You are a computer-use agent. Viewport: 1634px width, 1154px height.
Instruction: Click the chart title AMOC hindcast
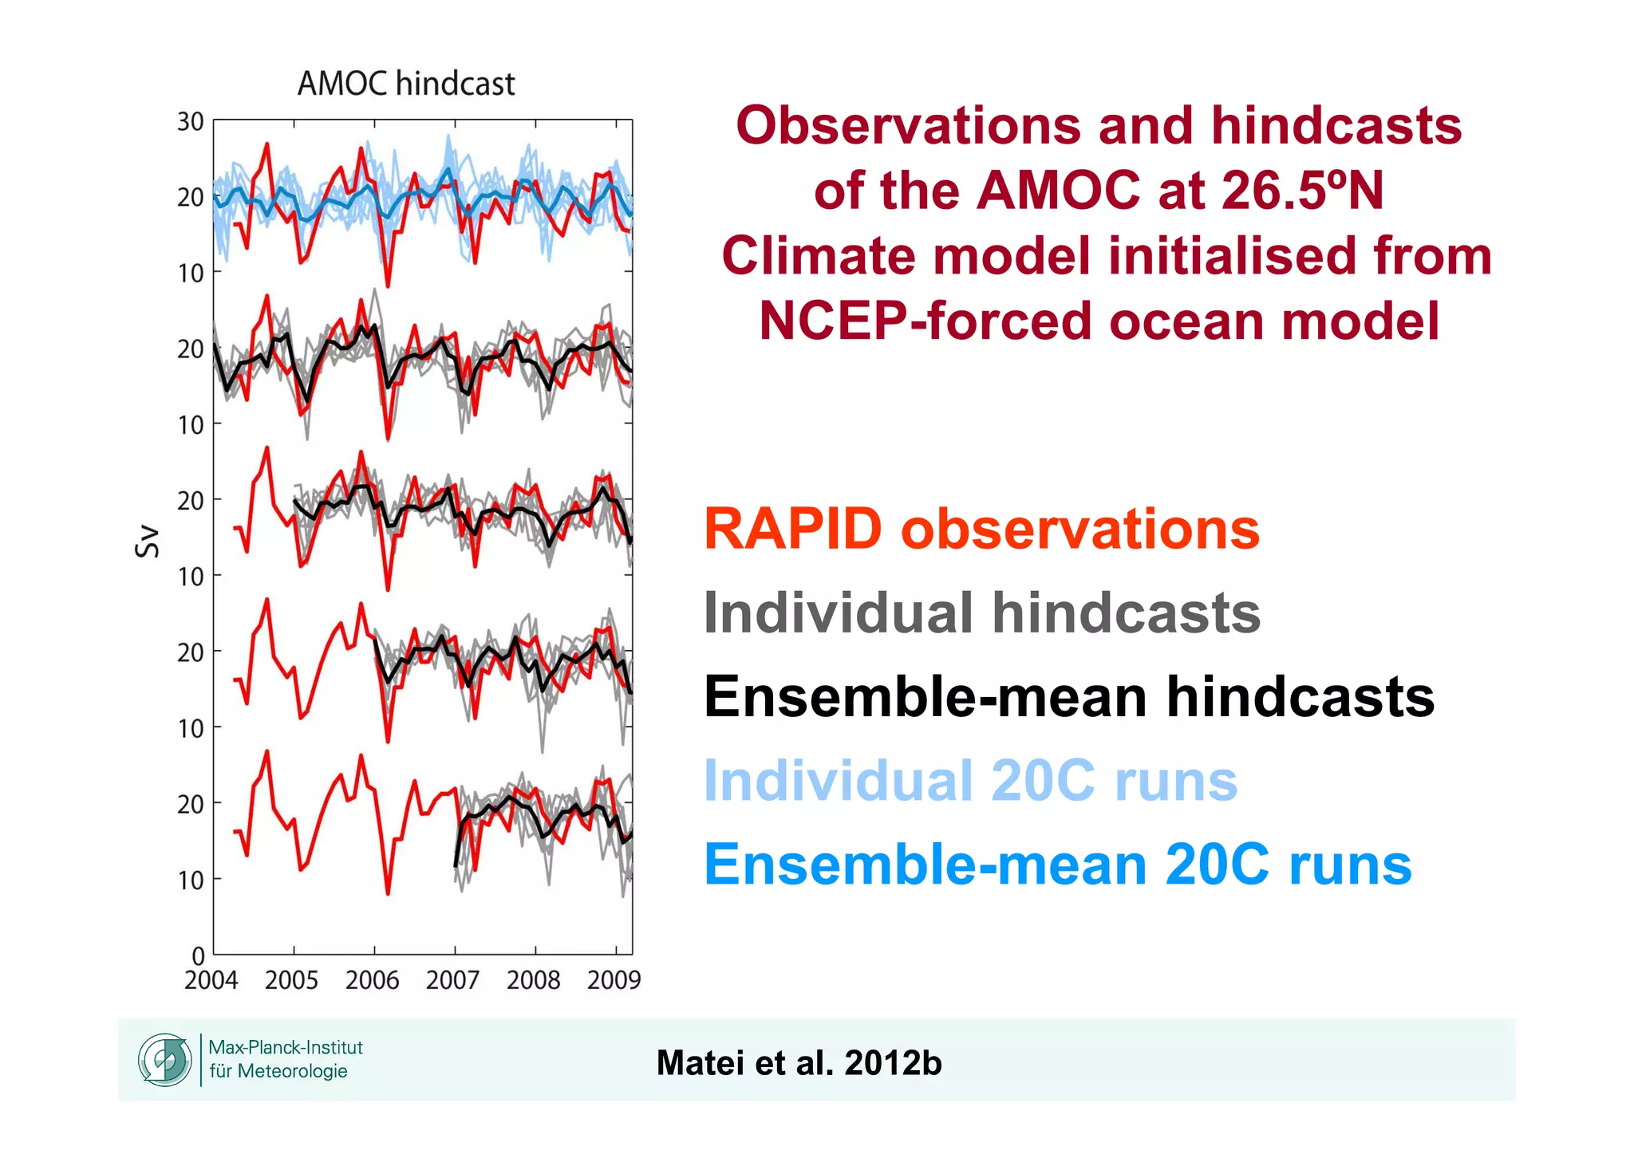[x=406, y=84]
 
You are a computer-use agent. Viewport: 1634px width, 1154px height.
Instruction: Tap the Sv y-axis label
[x=148, y=542]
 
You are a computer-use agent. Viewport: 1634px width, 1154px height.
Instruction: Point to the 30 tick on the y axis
[x=191, y=122]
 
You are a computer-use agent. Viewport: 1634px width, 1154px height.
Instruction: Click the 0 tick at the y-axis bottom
[x=198, y=955]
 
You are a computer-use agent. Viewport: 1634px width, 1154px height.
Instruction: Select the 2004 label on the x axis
[x=211, y=980]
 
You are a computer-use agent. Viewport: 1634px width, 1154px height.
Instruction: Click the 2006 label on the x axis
[x=372, y=980]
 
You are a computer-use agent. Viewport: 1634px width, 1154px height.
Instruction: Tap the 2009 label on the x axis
[x=614, y=980]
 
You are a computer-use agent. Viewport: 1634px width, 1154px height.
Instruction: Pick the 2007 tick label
[x=452, y=980]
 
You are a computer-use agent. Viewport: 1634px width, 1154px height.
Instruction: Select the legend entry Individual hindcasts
[x=981, y=612]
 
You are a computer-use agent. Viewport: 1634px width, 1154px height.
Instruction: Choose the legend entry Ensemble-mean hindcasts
[x=1068, y=696]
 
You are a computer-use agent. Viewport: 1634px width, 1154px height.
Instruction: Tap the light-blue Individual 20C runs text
[x=970, y=780]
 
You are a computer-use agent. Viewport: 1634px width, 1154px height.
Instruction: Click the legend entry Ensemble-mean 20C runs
[x=1057, y=865]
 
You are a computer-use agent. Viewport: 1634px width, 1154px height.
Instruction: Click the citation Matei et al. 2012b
[x=799, y=1063]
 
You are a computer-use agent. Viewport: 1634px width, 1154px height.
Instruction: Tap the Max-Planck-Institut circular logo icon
[x=165, y=1060]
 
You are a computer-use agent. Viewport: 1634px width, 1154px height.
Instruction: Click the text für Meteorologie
[x=278, y=1071]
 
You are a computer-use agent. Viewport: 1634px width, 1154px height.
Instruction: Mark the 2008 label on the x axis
[x=533, y=980]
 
